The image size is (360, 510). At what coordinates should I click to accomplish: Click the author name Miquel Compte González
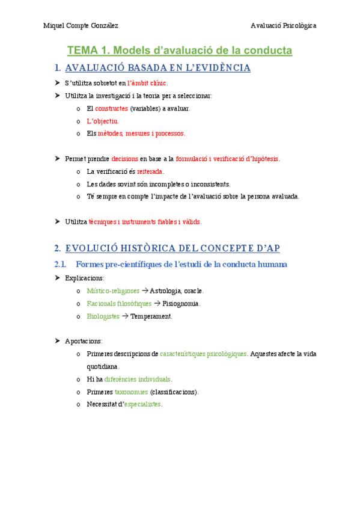tap(81, 25)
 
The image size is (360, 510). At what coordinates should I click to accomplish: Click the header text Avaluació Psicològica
tap(284, 25)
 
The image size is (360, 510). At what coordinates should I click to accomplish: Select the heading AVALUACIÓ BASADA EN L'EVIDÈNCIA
tap(157, 68)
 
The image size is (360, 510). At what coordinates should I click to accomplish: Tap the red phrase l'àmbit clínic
tap(147, 83)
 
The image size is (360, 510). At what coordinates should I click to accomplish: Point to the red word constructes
tap(111, 108)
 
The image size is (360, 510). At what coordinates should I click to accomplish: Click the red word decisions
tap(125, 159)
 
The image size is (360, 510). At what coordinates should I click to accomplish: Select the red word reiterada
tap(150, 171)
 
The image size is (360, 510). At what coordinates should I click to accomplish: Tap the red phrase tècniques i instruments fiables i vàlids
tap(145, 222)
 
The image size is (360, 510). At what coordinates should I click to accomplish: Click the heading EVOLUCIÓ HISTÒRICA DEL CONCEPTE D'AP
tap(172, 248)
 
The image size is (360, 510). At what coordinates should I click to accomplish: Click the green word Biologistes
tap(103, 316)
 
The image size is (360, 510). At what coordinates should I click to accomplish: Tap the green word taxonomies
tap(131, 392)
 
